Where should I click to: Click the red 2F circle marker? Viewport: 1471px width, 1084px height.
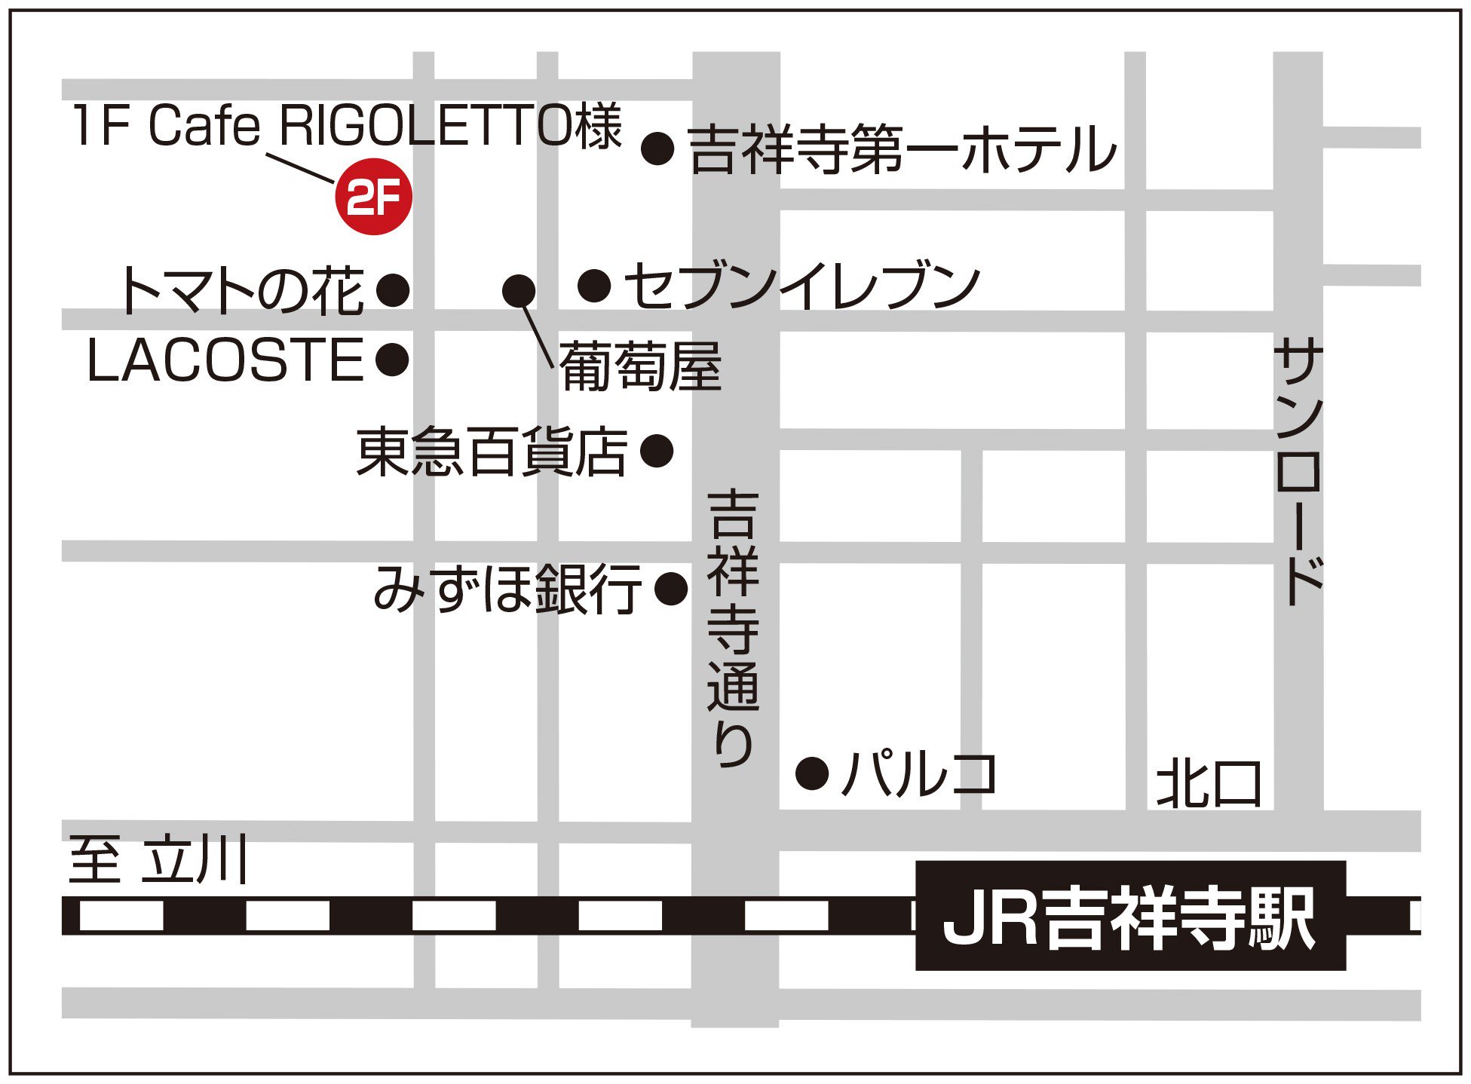point(373,197)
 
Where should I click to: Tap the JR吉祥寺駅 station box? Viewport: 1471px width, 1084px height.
point(1129,916)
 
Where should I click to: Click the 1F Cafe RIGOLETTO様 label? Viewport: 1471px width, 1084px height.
point(348,126)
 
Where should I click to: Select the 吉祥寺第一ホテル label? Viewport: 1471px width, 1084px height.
point(902,149)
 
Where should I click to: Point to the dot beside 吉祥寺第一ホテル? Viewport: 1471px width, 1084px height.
point(657,149)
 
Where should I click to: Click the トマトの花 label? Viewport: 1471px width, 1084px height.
point(242,290)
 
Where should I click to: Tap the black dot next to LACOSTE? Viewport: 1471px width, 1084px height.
point(392,360)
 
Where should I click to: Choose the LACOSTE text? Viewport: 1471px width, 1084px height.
point(225,360)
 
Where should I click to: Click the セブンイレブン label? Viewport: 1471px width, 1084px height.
point(802,286)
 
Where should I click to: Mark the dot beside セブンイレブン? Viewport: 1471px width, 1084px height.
point(594,286)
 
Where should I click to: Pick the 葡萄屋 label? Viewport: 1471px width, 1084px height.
point(640,366)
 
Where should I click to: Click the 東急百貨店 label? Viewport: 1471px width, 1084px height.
point(492,452)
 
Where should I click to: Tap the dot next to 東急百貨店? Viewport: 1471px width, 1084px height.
point(657,451)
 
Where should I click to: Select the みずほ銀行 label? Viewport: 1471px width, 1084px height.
point(507,589)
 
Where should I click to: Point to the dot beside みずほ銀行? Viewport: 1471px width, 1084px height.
point(671,588)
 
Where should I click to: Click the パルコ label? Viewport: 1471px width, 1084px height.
point(918,773)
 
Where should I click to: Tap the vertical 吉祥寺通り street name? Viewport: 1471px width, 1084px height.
point(733,627)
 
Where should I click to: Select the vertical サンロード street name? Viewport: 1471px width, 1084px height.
point(1298,471)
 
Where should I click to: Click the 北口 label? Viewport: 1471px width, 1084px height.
point(1209,784)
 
